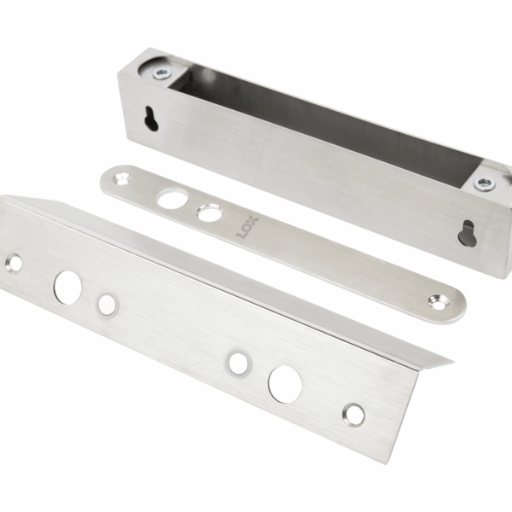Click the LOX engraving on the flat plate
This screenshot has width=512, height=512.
[247, 228]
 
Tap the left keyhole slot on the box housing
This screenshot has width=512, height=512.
[151, 119]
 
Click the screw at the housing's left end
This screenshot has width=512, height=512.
[161, 73]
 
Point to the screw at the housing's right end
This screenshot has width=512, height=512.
[485, 183]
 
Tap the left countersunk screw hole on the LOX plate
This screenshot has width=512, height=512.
[121, 178]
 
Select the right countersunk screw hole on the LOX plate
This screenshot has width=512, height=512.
[439, 301]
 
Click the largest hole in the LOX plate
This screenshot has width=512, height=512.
[172, 199]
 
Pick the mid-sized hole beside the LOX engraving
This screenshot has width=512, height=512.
[209, 212]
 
